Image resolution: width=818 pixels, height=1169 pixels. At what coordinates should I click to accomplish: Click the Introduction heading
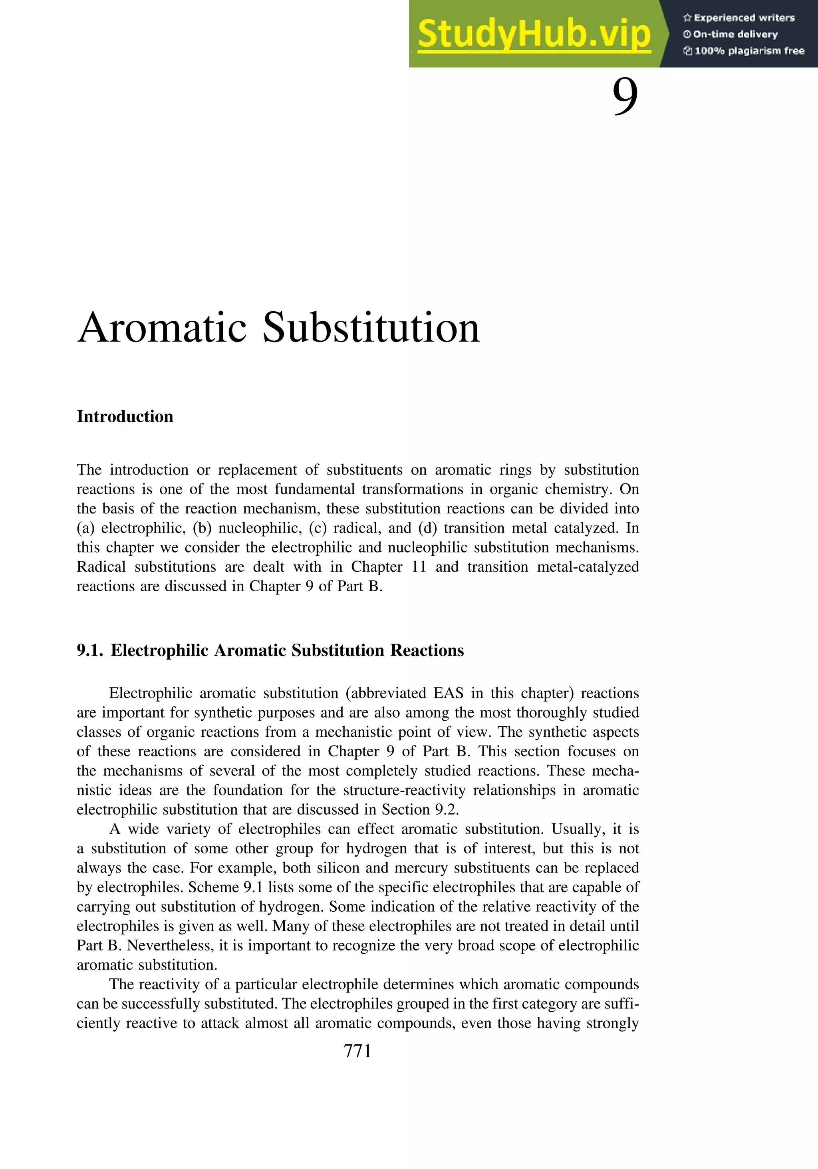[x=125, y=416]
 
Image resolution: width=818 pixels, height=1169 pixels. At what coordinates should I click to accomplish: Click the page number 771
[x=357, y=1051]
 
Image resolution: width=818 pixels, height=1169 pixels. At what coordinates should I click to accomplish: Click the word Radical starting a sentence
[x=101, y=567]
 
